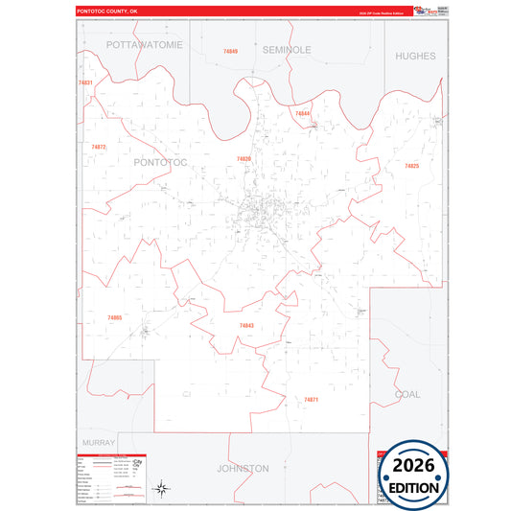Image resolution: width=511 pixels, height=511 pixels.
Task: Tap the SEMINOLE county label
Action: click(287, 49)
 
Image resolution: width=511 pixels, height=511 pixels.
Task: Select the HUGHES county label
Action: click(415, 56)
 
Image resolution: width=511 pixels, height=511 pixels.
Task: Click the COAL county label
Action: click(407, 394)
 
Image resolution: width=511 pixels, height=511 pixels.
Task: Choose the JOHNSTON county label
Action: click(243, 469)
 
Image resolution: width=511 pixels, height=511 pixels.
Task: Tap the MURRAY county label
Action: click(99, 443)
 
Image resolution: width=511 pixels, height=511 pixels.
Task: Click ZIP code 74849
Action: click(230, 51)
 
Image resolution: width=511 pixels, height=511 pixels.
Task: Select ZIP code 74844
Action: click(302, 113)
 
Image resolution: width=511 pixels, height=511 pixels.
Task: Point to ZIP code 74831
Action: click(85, 83)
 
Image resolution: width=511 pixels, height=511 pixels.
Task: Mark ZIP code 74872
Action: click(99, 147)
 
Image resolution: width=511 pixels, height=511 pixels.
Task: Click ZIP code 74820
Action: click(244, 159)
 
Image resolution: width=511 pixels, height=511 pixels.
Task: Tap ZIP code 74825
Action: click(411, 166)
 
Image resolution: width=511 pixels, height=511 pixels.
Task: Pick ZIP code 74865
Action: click(115, 317)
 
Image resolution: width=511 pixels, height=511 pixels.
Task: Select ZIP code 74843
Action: click(246, 326)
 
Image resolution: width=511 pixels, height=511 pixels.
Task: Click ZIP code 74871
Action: click(311, 399)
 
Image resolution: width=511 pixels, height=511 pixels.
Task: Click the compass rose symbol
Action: click(162, 489)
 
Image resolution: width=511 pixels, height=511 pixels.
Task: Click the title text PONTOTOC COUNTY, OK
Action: click(108, 11)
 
